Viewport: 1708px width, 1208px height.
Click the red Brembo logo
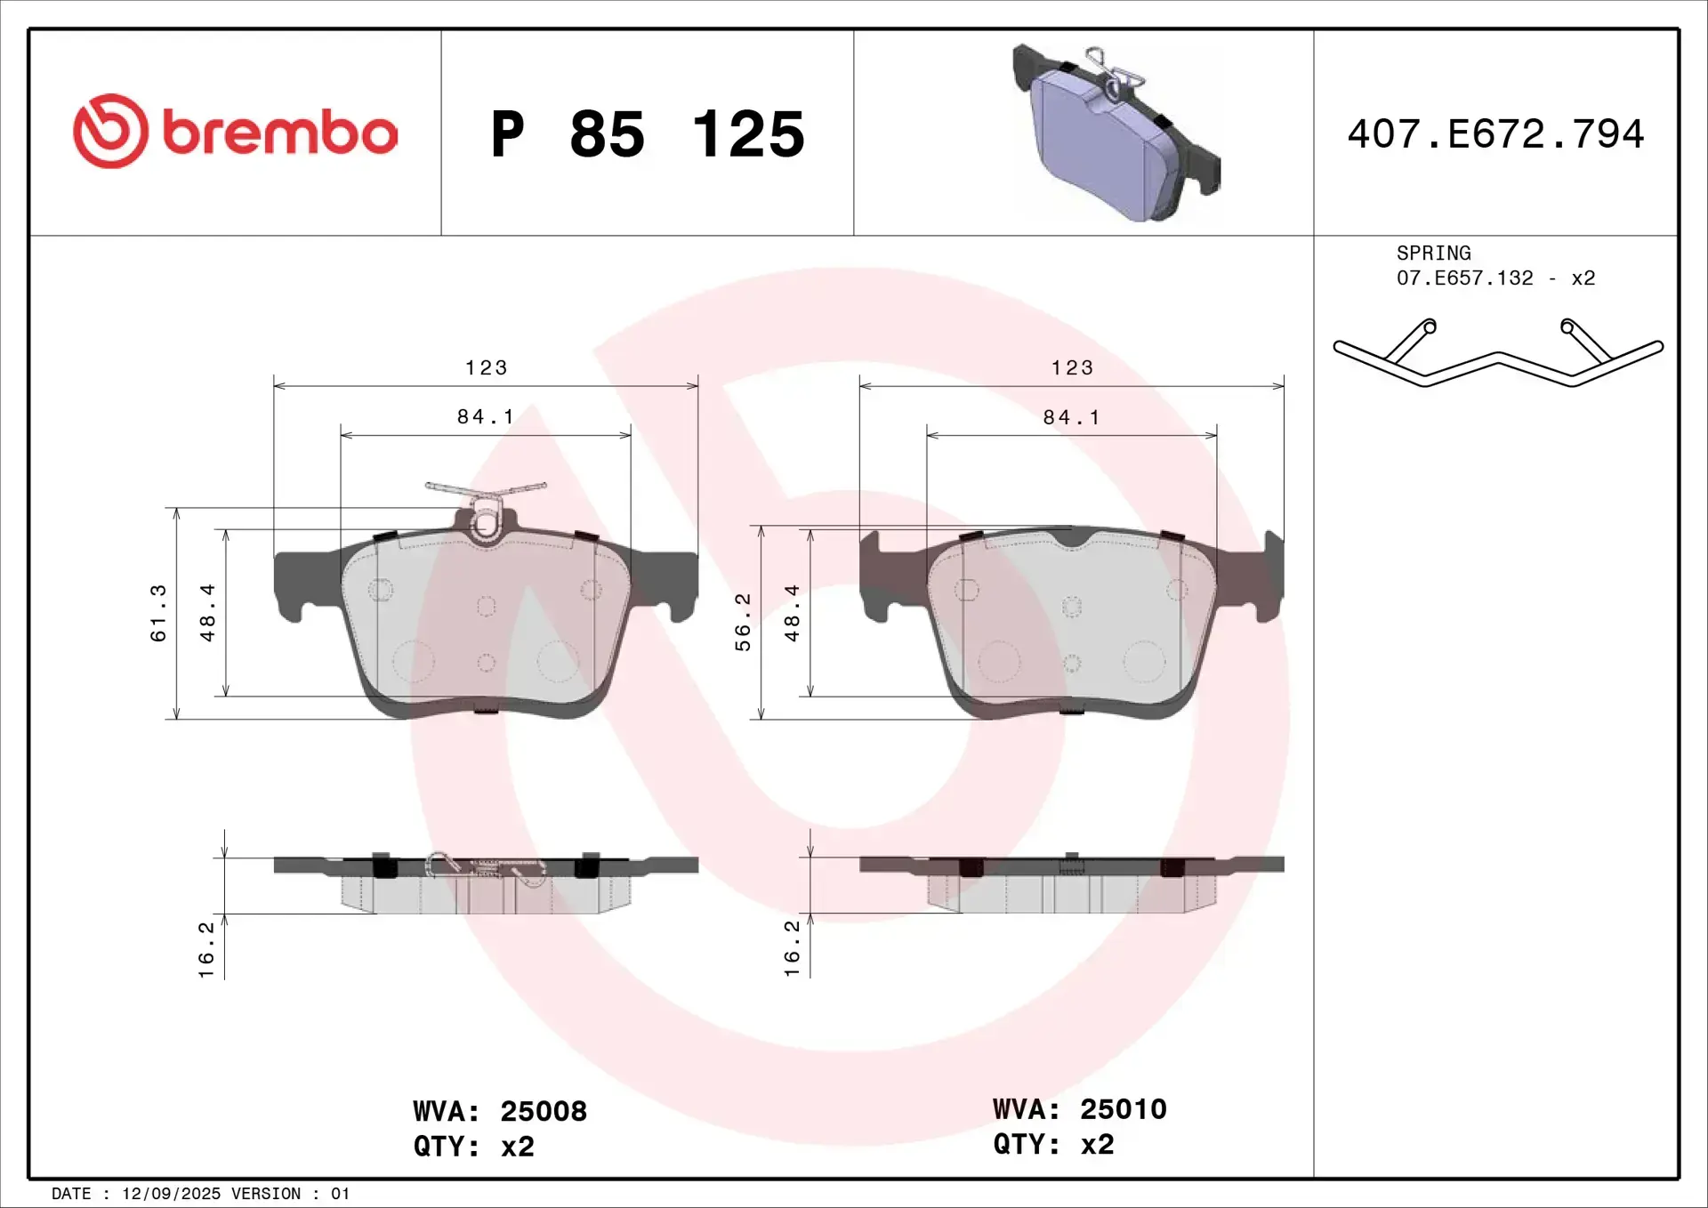click(x=234, y=132)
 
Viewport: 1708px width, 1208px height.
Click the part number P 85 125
click(x=647, y=134)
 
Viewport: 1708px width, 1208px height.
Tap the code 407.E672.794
click(x=1495, y=134)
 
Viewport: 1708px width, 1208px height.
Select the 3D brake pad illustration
click(x=1116, y=133)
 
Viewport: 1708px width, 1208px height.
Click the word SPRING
click(x=1433, y=254)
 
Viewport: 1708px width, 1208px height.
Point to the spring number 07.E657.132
click(x=1464, y=278)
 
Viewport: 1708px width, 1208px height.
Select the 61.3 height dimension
click(x=158, y=613)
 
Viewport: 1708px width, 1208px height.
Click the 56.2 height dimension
click(x=743, y=622)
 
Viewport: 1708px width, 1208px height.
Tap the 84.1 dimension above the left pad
click(x=486, y=416)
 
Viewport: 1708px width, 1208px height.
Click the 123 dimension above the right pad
click(x=1072, y=367)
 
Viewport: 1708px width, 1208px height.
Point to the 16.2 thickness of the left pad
click(x=206, y=949)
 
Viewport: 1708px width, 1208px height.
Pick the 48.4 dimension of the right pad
click(x=792, y=613)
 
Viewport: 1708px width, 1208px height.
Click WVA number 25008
click(x=543, y=1111)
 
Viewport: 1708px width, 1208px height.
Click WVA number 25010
click(x=1123, y=1109)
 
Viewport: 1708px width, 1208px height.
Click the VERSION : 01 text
click(x=290, y=1194)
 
